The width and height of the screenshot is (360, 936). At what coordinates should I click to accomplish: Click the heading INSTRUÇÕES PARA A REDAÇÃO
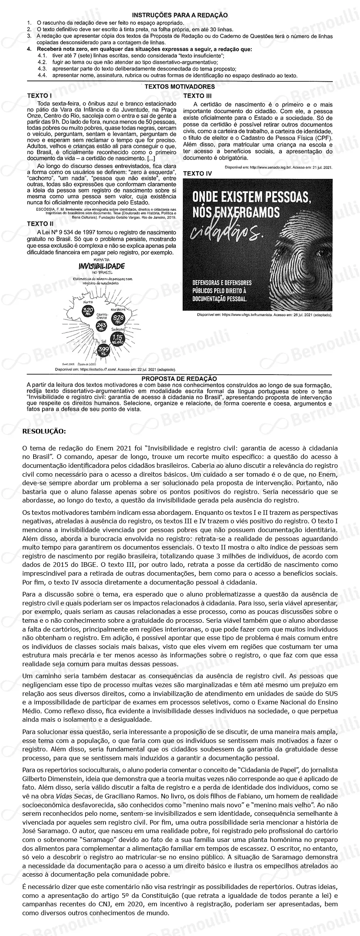tap(180, 15)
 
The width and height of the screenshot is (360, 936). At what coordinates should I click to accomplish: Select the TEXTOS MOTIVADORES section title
tap(180, 87)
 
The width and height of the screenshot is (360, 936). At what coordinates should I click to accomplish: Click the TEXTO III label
tap(197, 96)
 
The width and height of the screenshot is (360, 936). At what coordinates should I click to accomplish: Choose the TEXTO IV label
tap(197, 174)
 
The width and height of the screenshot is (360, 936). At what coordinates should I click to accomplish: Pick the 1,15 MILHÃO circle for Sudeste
tap(117, 339)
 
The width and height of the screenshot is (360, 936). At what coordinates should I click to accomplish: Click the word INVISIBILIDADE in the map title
tap(101, 266)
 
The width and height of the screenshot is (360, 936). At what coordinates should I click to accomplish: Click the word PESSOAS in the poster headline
tap(285, 198)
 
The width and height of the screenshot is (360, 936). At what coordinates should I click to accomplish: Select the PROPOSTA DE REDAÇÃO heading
tap(179, 379)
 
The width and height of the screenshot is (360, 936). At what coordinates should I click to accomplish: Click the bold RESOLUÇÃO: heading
tap(44, 431)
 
